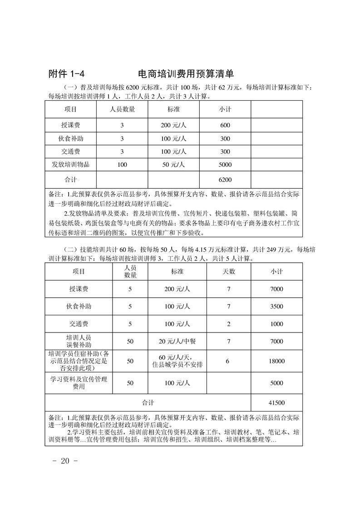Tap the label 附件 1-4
pyautogui.click(x=67, y=74)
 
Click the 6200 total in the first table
pyautogui.click(x=225, y=180)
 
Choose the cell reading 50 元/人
pyautogui.click(x=173, y=165)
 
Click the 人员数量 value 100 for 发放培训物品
pyautogui.click(x=122, y=165)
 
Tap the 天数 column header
pyautogui.click(x=229, y=271)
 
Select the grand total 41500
pyautogui.click(x=276, y=402)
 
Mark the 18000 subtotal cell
pyautogui.click(x=276, y=361)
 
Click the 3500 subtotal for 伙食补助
pyautogui.click(x=276, y=307)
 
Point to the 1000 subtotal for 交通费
pyautogui.click(x=276, y=324)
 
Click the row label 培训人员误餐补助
pyautogui.click(x=79, y=341)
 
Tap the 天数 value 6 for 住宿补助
pyautogui.click(x=229, y=361)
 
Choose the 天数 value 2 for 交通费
pyautogui.click(x=229, y=324)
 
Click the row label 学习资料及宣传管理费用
pyautogui.click(x=79, y=383)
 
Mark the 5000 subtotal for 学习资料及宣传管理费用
pyautogui.click(x=276, y=383)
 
